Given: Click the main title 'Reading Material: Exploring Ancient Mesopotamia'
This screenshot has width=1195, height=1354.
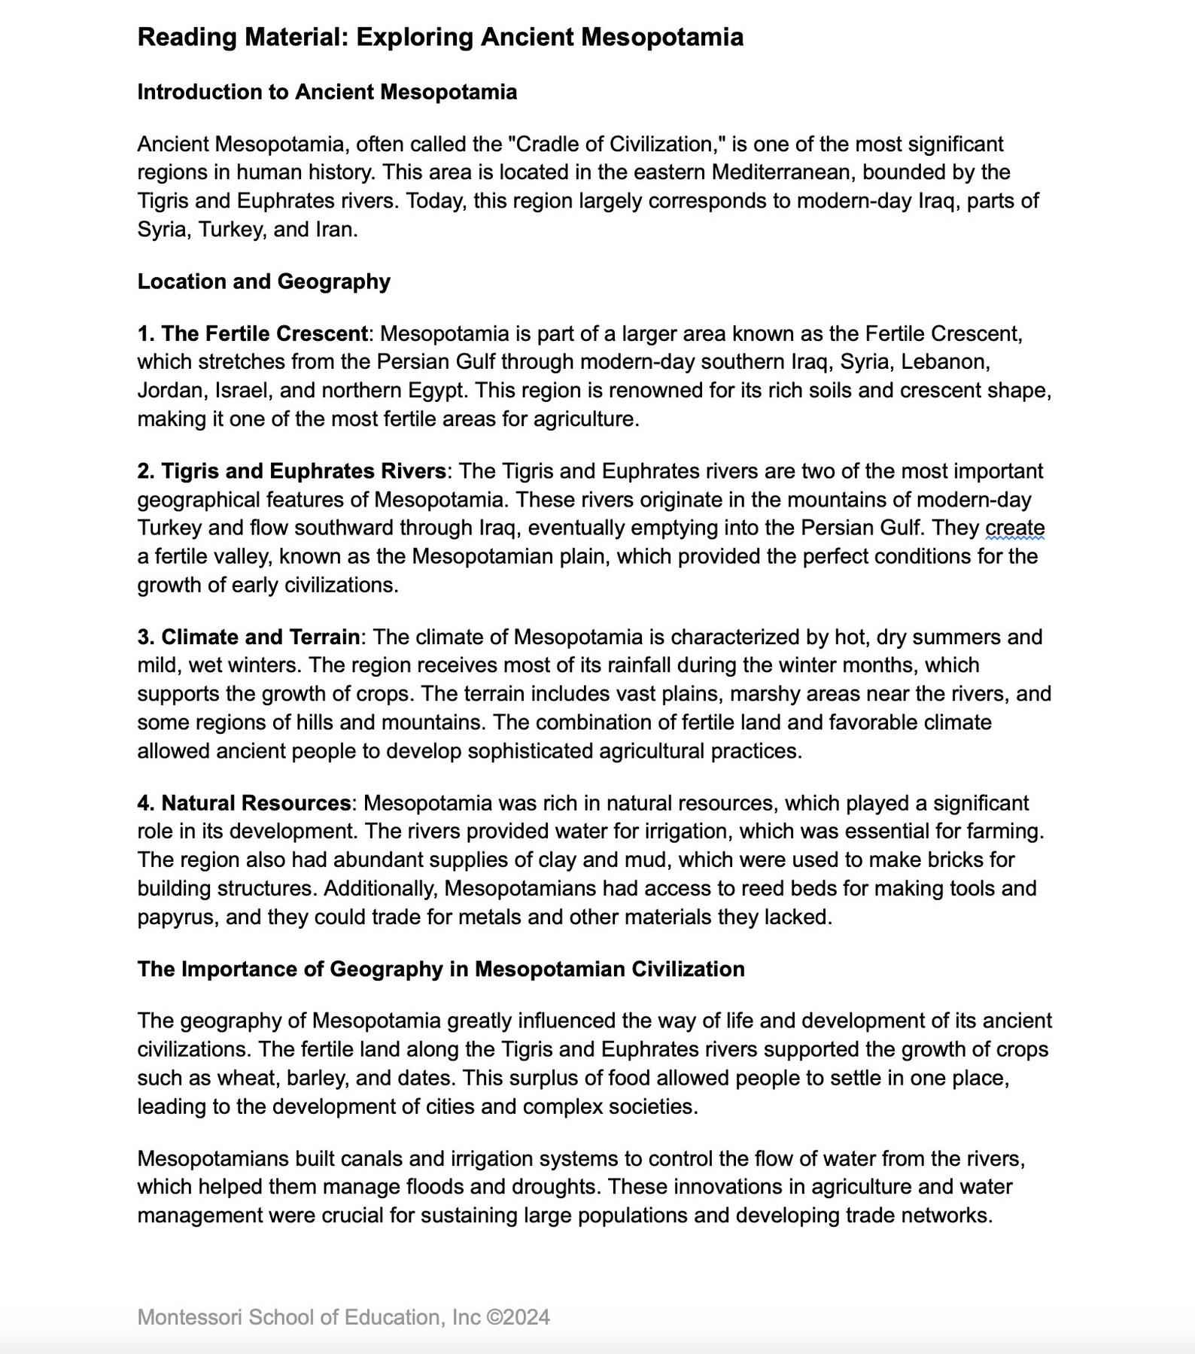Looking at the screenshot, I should tap(440, 37).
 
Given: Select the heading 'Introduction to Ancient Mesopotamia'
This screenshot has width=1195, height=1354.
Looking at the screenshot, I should tap(327, 92).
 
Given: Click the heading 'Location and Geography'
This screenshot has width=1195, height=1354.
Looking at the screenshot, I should tap(263, 281).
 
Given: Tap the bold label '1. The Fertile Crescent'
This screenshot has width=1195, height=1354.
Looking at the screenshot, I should tap(253, 333).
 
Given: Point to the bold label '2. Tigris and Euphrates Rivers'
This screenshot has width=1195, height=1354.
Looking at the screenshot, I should tap(292, 471).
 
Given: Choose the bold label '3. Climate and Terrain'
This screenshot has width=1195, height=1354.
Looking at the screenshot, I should tap(249, 637).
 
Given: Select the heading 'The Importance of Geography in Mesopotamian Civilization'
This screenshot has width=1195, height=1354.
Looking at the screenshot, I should tap(440, 969).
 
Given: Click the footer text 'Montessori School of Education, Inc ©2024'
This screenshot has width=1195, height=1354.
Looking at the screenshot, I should tap(343, 1317).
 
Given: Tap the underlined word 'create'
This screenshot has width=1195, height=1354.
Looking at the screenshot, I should tap(1014, 528).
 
